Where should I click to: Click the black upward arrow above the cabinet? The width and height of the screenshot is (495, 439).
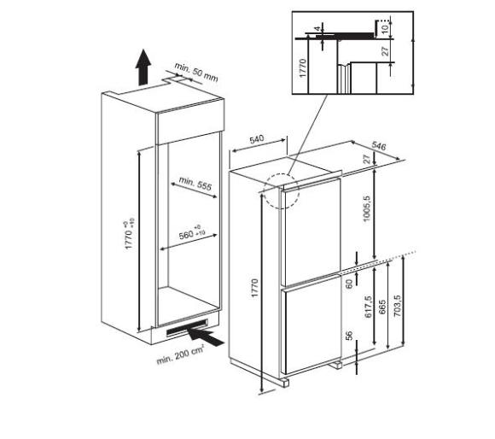(x=143, y=67)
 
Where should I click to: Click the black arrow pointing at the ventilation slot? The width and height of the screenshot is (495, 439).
(x=205, y=337)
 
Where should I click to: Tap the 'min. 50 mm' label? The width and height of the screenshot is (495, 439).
(x=196, y=73)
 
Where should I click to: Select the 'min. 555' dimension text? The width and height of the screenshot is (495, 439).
(x=195, y=184)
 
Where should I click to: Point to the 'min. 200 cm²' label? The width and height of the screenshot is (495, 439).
(x=180, y=355)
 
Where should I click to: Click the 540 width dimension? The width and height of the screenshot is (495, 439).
(x=256, y=139)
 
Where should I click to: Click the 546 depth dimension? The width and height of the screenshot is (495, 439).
(x=379, y=145)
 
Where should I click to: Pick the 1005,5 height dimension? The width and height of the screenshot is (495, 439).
(x=366, y=208)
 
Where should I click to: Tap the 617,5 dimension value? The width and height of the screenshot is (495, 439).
(x=368, y=307)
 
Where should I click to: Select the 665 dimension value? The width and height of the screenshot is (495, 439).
(x=381, y=308)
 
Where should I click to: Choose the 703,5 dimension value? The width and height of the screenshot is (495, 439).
(x=397, y=306)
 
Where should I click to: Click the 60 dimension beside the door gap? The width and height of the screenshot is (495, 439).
(x=349, y=284)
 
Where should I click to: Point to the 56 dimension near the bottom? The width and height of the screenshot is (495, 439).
(x=349, y=336)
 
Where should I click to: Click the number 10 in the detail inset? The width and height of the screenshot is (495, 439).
(x=385, y=29)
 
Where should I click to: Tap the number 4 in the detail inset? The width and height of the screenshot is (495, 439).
(x=317, y=28)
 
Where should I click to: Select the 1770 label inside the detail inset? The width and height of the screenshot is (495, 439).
(x=302, y=68)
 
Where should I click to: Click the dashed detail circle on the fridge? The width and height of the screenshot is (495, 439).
(x=282, y=191)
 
